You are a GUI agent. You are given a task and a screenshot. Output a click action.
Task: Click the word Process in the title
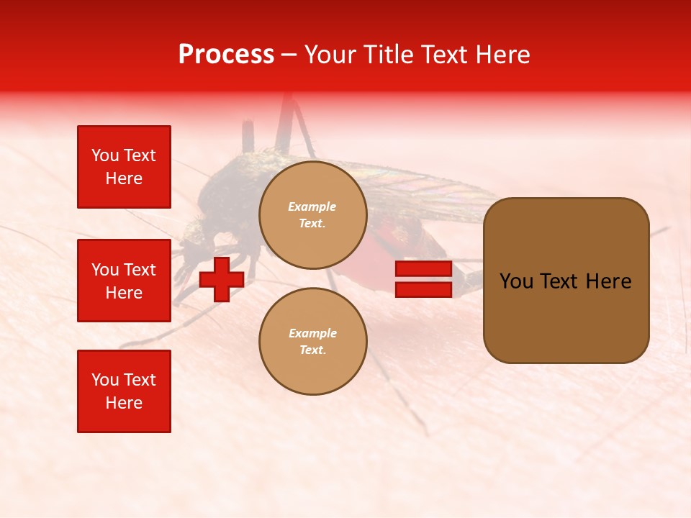tap(226, 55)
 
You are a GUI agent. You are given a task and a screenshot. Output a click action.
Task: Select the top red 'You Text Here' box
tap(124, 167)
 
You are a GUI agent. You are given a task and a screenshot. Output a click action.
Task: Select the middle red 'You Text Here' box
tap(124, 281)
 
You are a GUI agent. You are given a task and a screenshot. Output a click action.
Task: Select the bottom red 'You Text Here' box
tap(124, 391)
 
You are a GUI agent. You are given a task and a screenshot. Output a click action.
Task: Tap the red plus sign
tap(222, 280)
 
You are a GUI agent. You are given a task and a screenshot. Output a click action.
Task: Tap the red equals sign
tap(423, 279)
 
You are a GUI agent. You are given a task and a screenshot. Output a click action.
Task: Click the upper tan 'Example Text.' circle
tap(312, 215)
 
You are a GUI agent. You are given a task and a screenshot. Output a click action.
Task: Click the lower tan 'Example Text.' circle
tap(312, 342)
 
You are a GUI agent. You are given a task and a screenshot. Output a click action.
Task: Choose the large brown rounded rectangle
tap(566, 281)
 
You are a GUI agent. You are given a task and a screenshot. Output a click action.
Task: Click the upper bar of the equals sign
tap(423, 269)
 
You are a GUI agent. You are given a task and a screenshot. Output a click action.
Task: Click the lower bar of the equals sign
tap(423, 289)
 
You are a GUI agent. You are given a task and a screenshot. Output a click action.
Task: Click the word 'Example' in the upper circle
tap(312, 206)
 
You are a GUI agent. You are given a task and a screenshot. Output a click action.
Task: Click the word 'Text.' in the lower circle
tap(312, 350)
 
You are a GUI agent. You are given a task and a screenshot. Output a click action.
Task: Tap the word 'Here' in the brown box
tap(608, 281)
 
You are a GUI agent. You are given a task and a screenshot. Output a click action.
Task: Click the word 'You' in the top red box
tap(105, 155)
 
